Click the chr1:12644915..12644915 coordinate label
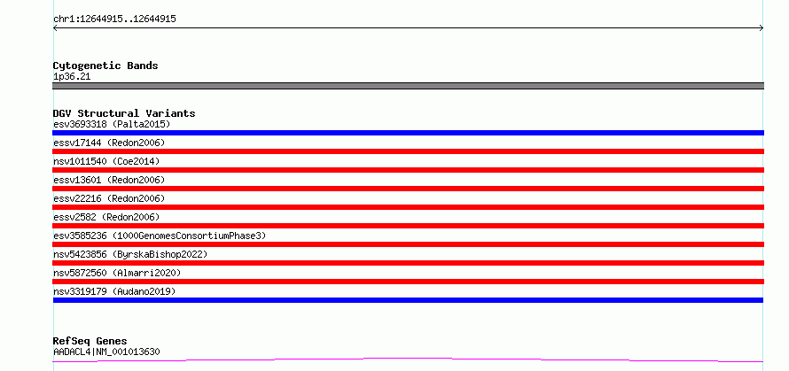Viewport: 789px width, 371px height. point(114,19)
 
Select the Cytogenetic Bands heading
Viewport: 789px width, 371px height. point(105,66)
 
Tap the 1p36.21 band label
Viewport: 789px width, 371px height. point(72,76)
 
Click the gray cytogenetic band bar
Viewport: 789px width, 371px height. point(408,86)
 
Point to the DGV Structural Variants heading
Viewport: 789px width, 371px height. point(124,113)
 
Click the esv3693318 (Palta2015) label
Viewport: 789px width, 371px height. point(112,124)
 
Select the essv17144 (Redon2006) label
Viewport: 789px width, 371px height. point(109,143)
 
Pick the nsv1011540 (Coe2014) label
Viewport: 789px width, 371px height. point(106,161)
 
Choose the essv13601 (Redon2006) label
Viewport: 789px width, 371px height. point(109,180)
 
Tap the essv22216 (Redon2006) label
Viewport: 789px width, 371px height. point(109,198)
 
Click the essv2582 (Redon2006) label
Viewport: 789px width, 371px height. point(106,217)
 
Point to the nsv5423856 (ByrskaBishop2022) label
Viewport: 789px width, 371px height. point(129,254)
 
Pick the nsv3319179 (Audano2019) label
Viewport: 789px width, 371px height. point(114,291)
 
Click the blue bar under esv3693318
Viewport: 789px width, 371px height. point(408,133)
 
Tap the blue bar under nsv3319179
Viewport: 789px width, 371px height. point(408,300)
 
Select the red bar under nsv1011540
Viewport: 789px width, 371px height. point(408,170)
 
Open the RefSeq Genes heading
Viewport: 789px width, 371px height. point(90,341)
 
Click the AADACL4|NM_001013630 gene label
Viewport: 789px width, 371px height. point(106,352)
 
